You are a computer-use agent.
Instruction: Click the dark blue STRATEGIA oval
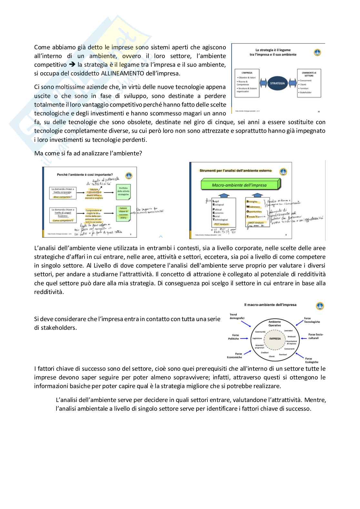point(278,83)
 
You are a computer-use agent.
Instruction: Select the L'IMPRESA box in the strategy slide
point(247,83)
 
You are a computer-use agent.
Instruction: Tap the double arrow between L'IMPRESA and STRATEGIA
point(264,83)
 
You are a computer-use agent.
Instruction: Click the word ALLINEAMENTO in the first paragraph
point(123,73)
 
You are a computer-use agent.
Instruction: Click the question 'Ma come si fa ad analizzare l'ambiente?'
point(88,153)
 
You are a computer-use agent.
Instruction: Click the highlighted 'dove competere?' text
point(63,197)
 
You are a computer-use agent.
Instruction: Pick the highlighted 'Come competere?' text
point(63,220)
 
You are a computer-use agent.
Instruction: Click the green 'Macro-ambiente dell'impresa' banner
point(239,185)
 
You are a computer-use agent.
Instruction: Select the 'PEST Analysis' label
point(221,224)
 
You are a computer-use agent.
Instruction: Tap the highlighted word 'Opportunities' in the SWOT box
point(255,211)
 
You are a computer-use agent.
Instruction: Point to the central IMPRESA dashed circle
point(275,339)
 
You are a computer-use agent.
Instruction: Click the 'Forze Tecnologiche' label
point(312,320)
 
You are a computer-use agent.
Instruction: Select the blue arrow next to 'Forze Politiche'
point(245,338)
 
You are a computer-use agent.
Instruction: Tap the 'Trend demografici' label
point(237,316)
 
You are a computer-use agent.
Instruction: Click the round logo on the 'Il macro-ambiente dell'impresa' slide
point(320,306)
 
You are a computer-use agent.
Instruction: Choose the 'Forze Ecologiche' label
point(311,360)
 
